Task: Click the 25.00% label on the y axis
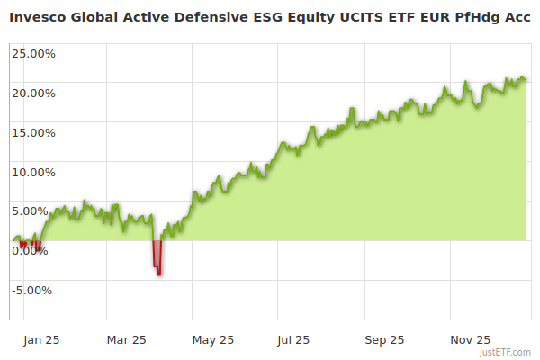pyautogui.click(x=33, y=53)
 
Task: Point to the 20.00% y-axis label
pyautogui.click(x=33, y=93)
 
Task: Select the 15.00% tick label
pyautogui.click(x=33, y=132)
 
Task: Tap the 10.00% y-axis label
pyautogui.click(x=33, y=172)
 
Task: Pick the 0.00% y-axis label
pyautogui.click(x=29, y=251)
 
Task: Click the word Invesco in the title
pyautogui.click(x=39, y=15)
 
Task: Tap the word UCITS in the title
pyautogui.click(x=370, y=15)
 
